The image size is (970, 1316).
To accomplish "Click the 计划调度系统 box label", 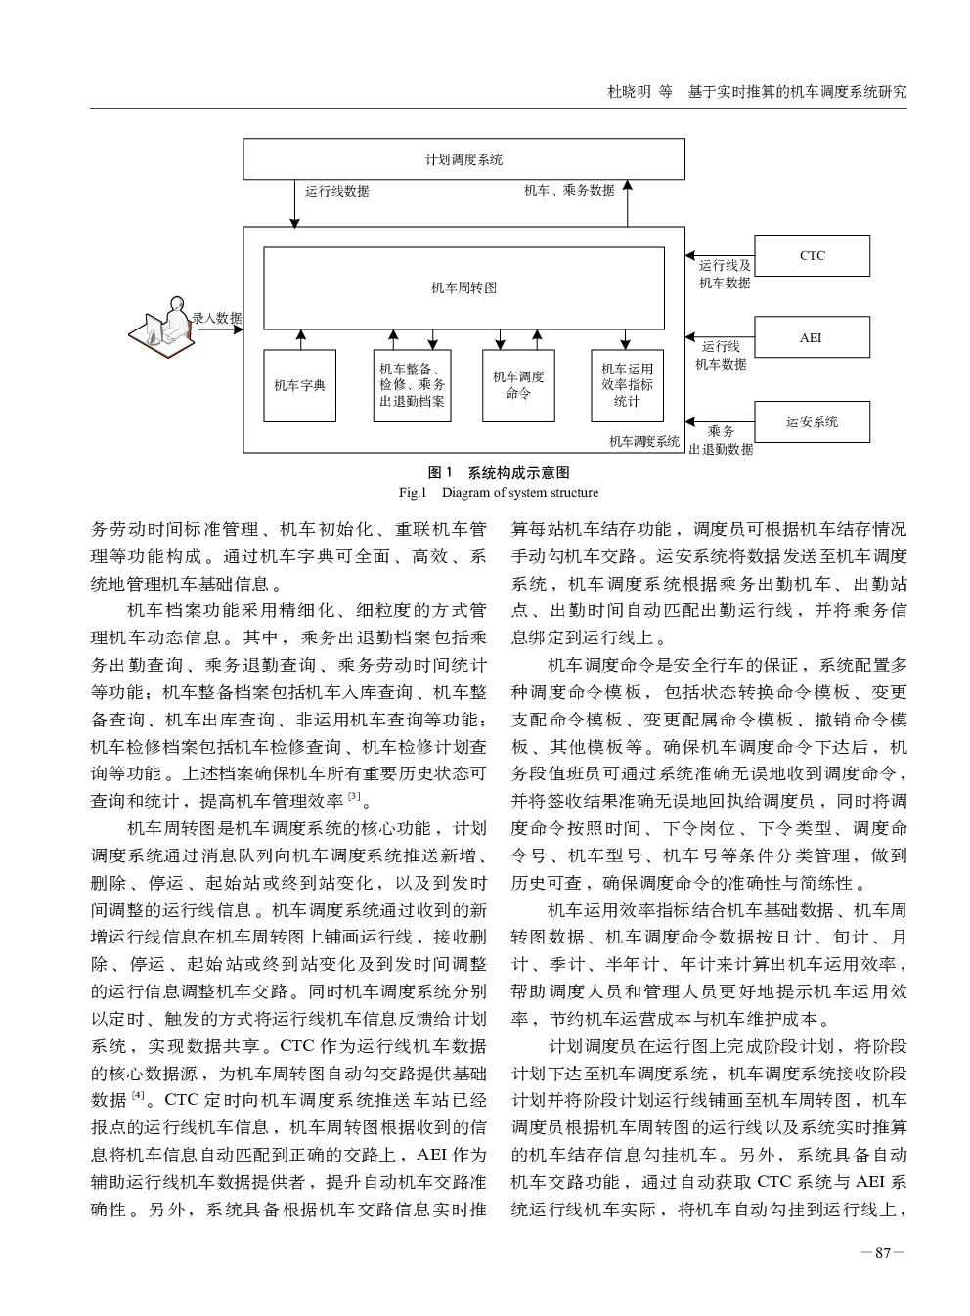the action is pyautogui.click(x=463, y=159).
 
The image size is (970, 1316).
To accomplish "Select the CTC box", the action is pyautogui.click(x=812, y=255).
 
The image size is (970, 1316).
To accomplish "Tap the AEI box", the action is pyautogui.click(x=812, y=337).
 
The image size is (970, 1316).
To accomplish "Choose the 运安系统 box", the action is pyautogui.click(x=812, y=421).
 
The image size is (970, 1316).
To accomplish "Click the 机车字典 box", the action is pyautogui.click(x=299, y=386).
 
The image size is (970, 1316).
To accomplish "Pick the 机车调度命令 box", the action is pyautogui.click(x=518, y=386).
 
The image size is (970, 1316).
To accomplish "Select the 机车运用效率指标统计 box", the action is pyautogui.click(x=627, y=386).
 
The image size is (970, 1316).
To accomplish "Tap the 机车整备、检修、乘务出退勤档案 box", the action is pyautogui.click(x=412, y=386).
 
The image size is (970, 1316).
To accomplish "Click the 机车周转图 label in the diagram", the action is pyautogui.click(x=463, y=287).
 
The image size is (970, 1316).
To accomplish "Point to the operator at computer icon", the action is pyautogui.click(x=162, y=328).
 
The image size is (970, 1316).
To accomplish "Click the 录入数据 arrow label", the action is pyautogui.click(x=217, y=319).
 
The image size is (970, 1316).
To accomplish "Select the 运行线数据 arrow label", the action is pyautogui.click(x=336, y=191).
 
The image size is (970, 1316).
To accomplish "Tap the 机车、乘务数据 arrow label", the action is pyautogui.click(x=569, y=191).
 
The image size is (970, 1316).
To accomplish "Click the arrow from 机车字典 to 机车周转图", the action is pyautogui.click(x=301, y=340).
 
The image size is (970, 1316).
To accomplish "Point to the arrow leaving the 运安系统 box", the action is pyautogui.click(x=720, y=421).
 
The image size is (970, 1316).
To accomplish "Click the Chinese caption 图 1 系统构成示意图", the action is pyautogui.click(x=499, y=473).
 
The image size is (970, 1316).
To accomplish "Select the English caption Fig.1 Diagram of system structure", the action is pyautogui.click(x=499, y=493).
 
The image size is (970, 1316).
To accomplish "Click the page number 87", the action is pyautogui.click(x=882, y=1253).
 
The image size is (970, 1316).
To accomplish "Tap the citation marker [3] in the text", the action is pyautogui.click(x=354, y=797).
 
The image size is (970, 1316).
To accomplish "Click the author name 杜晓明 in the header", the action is pyautogui.click(x=630, y=92).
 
